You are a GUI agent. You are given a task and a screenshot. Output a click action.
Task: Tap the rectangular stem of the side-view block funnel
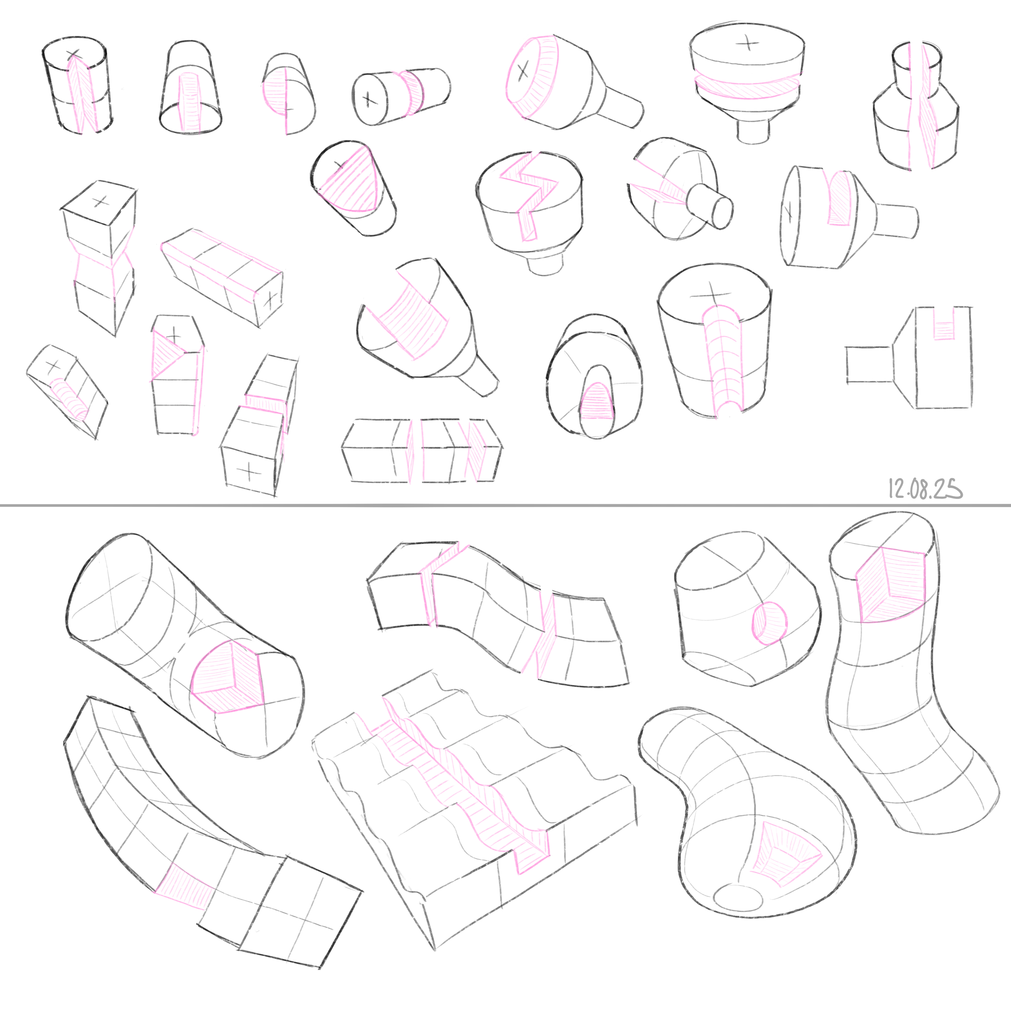pos(869,365)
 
